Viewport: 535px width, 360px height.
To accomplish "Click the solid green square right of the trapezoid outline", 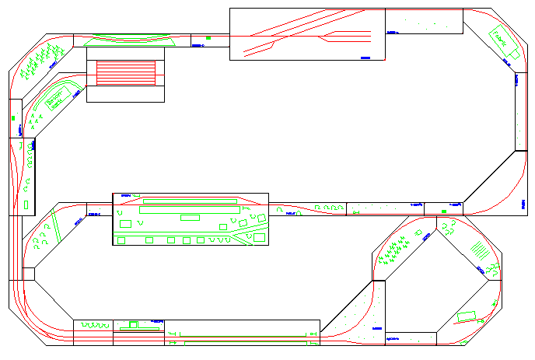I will point(208,37).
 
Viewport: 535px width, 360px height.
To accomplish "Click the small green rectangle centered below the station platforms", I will point(190,217).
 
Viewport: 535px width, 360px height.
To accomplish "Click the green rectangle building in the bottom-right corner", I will point(467,316).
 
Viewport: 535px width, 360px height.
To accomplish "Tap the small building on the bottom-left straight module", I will point(133,323).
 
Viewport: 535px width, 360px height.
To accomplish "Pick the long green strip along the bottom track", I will point(241,335).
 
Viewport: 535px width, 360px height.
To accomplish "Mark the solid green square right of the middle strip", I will point(443,210).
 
